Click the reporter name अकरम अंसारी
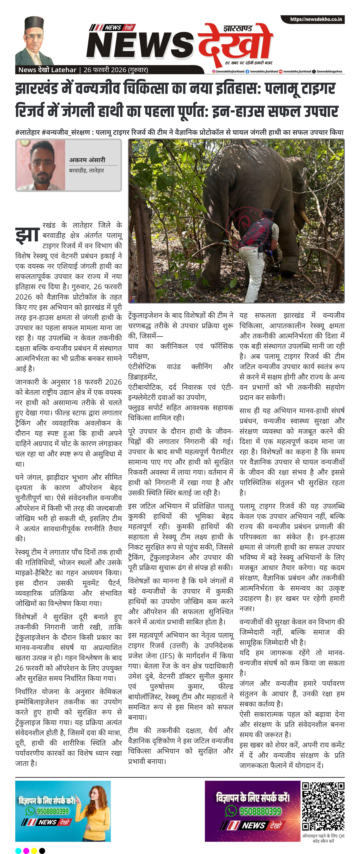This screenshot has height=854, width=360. click(x=87, y=160)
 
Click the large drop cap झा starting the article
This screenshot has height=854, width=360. click(x=27, y=234)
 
